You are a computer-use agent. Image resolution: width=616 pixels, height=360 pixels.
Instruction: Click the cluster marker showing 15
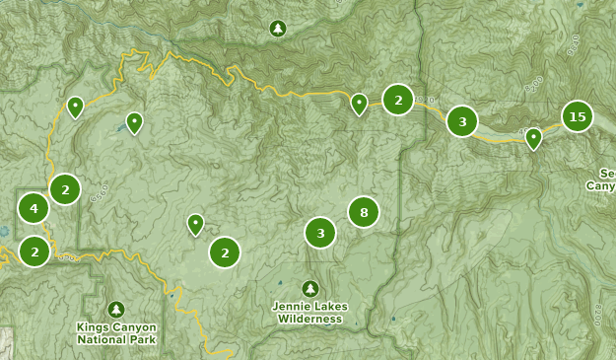578,117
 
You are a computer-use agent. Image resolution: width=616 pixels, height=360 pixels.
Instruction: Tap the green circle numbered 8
364,211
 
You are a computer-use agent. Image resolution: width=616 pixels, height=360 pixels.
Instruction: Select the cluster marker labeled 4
34,208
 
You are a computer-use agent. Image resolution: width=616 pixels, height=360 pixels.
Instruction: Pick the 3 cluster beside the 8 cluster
320,234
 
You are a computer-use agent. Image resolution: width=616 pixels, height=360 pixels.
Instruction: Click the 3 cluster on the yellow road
462,122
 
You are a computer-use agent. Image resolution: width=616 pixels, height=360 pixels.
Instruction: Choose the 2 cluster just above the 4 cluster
65,188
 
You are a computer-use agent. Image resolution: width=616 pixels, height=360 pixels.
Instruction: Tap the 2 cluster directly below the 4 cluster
34,252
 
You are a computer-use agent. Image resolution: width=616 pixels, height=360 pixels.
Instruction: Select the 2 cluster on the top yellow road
398,100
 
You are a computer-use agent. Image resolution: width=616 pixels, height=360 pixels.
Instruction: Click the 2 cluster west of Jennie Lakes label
225,252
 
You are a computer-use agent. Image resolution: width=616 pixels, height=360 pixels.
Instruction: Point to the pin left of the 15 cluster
533,137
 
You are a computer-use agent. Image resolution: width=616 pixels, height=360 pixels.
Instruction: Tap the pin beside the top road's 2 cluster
360,103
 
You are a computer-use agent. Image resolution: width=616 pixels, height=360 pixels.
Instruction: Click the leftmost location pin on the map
75,106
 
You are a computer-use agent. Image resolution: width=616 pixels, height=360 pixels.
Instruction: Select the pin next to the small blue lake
134,121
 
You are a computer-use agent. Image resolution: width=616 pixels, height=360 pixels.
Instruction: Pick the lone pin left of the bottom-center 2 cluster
195,224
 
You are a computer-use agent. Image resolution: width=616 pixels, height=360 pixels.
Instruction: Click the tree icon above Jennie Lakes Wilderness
311,288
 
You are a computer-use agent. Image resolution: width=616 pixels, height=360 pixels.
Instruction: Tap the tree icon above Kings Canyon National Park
116,310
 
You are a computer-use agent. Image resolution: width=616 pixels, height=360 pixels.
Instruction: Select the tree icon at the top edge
278,29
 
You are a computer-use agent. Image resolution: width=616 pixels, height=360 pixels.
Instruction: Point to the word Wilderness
309,319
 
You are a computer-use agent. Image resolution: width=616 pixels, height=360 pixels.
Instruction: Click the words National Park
116,339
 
